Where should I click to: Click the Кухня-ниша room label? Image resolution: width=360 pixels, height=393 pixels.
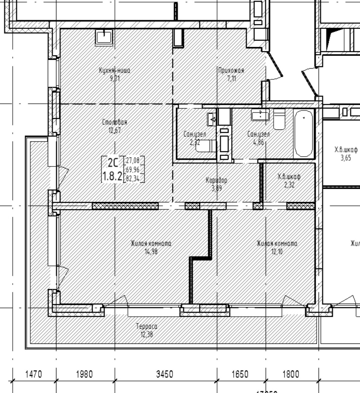point(114,70)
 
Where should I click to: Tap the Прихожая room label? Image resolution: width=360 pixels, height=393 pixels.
point(231,70)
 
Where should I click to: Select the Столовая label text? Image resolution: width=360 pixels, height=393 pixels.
point(114,122)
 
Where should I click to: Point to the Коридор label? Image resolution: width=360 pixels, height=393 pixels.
point(216,180)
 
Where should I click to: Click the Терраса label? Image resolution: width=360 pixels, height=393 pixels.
point(147,326)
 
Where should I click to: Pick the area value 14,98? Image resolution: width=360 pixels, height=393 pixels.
point(151,252)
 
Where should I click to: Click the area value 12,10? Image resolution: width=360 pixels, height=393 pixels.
point(277,252)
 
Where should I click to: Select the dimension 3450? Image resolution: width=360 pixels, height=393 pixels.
point(165,374)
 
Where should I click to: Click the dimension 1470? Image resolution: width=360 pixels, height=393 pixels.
point(33,374)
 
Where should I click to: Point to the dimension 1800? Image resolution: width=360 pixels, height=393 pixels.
point(290,374)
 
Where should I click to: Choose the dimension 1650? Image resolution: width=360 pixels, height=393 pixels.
point(240,374)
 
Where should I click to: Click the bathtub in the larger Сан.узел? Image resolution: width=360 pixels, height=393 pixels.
point(303,133)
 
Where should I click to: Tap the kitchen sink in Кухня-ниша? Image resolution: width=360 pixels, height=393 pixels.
point(105,37)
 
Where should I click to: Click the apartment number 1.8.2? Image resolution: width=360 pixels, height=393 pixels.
point(112,176)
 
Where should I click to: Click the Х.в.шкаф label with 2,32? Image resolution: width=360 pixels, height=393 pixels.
point(289,177)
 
